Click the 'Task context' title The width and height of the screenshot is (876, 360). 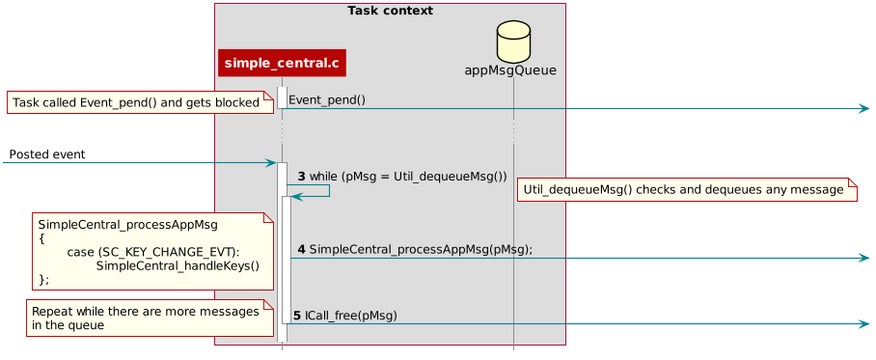(390, 11)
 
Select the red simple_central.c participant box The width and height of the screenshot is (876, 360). (282, 64)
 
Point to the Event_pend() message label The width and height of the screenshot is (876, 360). (327, 99)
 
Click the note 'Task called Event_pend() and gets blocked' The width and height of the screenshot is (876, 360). (136, 102)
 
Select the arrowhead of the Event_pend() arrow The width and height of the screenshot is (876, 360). (864, 108)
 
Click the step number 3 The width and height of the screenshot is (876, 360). (301, 177)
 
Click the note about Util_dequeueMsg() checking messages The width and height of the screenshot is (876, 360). (687, 190)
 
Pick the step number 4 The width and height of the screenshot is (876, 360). (301, 249)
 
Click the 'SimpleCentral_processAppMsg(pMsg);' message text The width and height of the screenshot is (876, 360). (421, 249)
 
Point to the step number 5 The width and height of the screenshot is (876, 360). (297, 316)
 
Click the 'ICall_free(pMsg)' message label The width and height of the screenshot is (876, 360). (351, 316)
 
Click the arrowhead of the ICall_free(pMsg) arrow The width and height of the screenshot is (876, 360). (864, 323)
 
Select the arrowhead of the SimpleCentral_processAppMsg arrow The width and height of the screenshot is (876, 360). (864, 258)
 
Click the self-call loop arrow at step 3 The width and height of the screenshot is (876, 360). (329, 190)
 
